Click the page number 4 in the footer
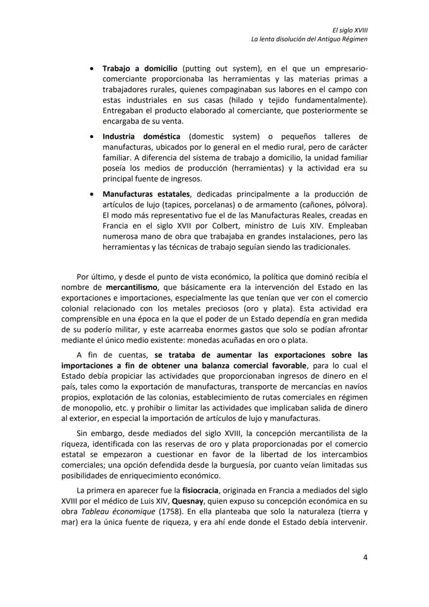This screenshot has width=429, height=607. click(365, 558)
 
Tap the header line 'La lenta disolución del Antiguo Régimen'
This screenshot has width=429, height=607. click(309, 39)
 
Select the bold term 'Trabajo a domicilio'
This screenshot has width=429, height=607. click(140, 68)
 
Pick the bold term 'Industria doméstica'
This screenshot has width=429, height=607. click(141, 137)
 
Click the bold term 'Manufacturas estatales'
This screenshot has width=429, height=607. click(147, 194)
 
